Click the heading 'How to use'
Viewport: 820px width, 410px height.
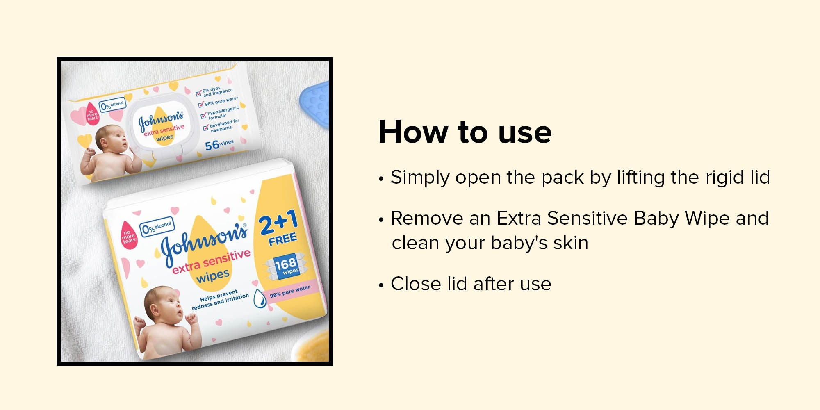[465, 132]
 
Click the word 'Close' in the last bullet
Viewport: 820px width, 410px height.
[416, 284]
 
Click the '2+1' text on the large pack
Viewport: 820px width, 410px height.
[279, 222]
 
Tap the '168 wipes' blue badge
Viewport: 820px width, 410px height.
[287, 266]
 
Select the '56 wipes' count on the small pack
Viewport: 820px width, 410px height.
[219, 144]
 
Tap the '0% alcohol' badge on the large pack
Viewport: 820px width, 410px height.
[157, 227]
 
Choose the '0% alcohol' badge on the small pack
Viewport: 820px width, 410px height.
[112, 105]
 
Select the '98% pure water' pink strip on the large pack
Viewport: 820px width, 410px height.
[290, 292]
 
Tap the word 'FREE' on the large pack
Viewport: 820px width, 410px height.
[282, 239]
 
